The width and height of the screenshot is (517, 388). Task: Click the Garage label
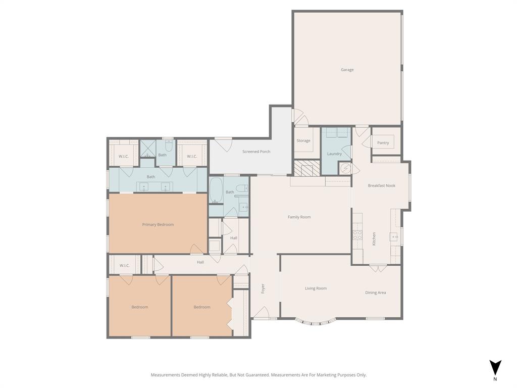[x=347, y=70]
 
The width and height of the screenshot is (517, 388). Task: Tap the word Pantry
[x=383, y=143]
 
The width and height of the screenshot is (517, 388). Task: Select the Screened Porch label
[x=256, y=152]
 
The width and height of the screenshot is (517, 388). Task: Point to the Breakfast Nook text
[x=381, y=185]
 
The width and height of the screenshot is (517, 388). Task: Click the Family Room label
[x=299, y=217]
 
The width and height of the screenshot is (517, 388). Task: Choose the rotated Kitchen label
[x=374, y=239]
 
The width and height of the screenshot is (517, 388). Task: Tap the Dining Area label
[x=375, y=293]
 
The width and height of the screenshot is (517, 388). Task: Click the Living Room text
[x=316, y=288]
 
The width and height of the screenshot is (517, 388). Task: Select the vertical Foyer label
[x=263, y=289]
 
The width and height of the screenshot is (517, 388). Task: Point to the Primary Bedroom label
[x=158, y=224]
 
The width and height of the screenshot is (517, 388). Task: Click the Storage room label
[x=303, y=141]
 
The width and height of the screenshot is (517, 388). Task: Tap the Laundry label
[x=334, y=154]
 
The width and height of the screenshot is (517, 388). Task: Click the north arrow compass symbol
[x=495, y=367]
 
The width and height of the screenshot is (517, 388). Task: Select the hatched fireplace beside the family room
[x=307, y=168]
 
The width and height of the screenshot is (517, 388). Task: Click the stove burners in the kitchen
[x=357, y=234]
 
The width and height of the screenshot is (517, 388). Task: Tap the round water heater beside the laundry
[x=345, y=168]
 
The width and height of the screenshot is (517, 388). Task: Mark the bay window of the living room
[x=316, y=321]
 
